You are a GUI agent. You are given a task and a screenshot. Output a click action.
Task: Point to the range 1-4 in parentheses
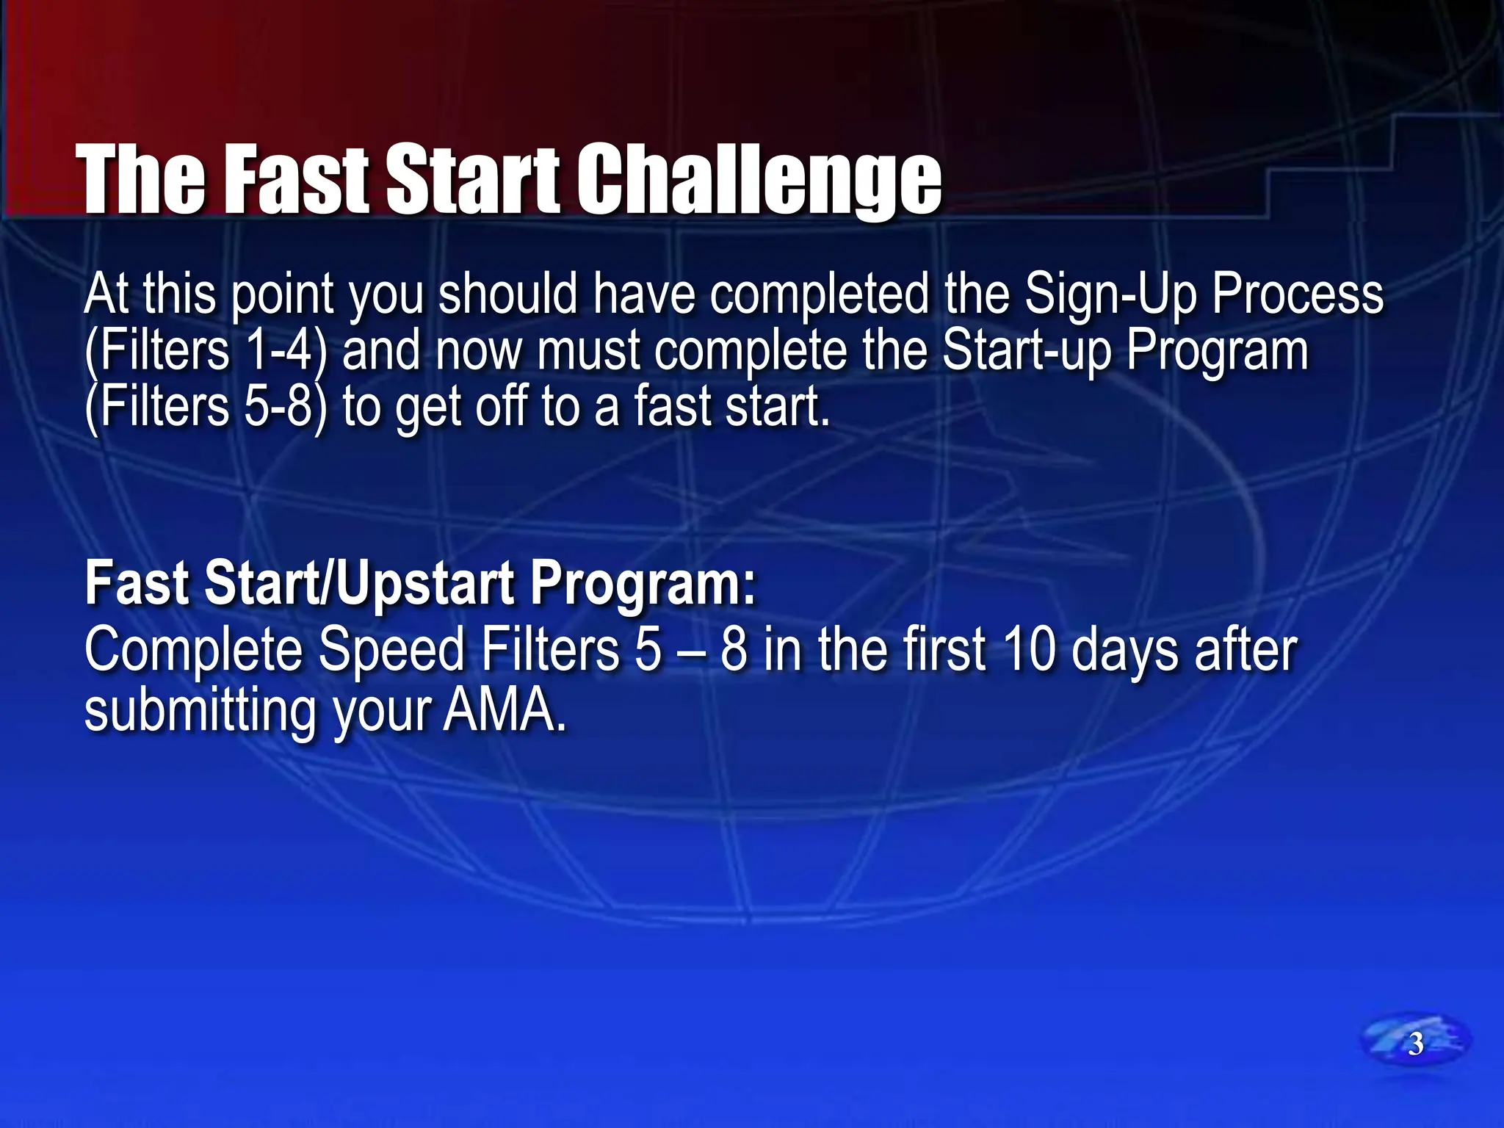tap(279, 351)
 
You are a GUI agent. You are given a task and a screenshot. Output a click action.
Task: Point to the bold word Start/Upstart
tap(359, 584)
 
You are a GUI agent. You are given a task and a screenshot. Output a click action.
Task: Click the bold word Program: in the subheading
tap(643, 584)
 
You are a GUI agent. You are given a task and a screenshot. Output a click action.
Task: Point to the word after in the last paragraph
tap(1245, 651)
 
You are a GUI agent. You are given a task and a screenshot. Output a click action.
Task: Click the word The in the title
tap(142, 180)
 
